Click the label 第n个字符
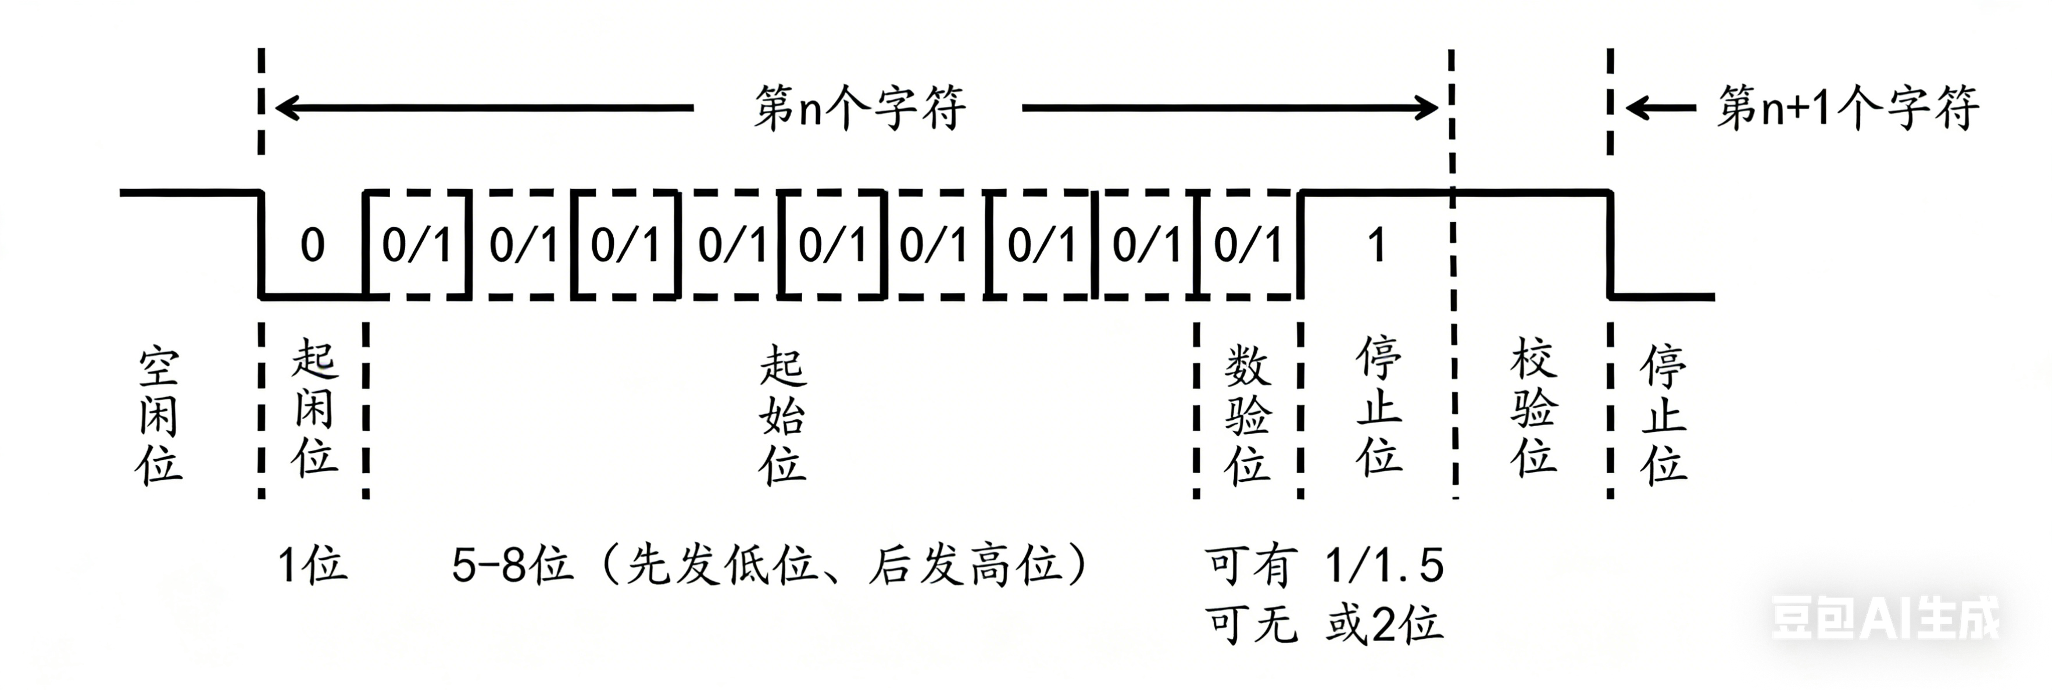[860, 108]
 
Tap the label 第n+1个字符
[1847, 108]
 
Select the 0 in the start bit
[312, 245]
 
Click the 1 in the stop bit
[1377, 245]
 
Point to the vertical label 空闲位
[159, 416]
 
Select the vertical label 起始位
[782, 416]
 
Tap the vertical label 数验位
[1247, 416]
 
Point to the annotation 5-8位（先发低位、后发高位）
[768, 566]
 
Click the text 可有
[1250, 566]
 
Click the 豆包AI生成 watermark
[1885, 617]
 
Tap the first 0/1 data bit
[417, 245]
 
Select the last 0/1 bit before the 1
[1247, 245]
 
